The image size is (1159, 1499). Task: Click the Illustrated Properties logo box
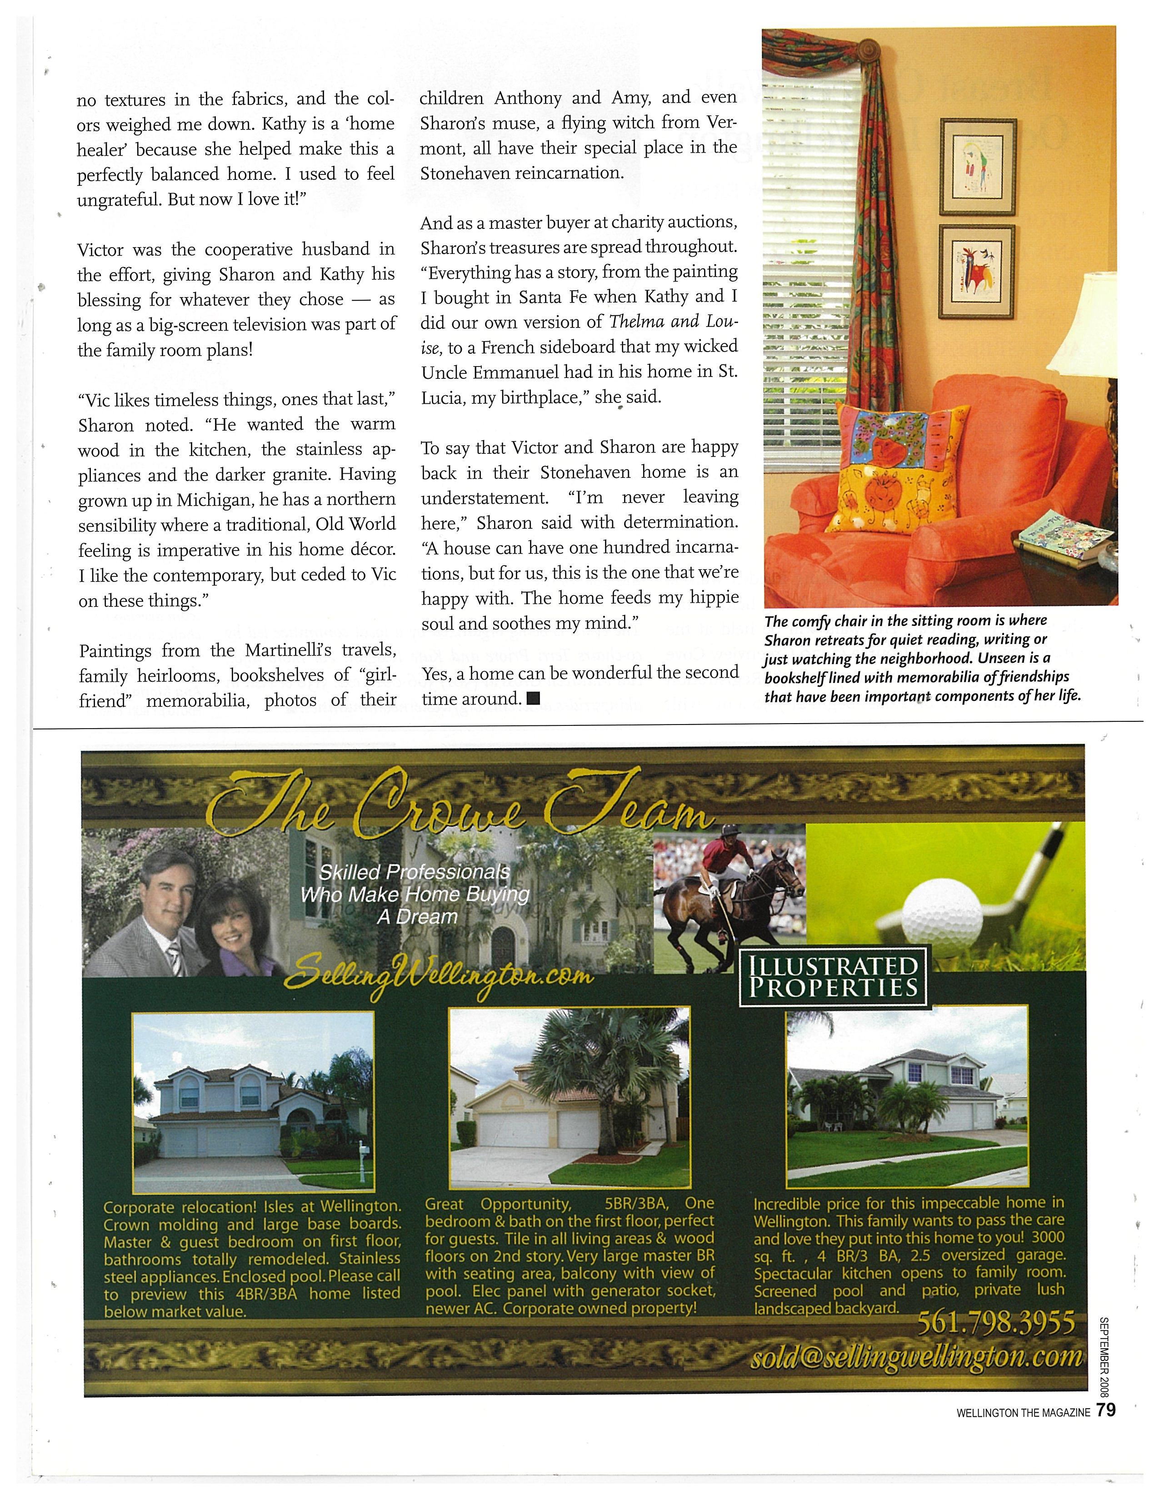click(x=833, y=976)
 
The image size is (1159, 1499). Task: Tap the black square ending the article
click(x=532, y=699)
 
